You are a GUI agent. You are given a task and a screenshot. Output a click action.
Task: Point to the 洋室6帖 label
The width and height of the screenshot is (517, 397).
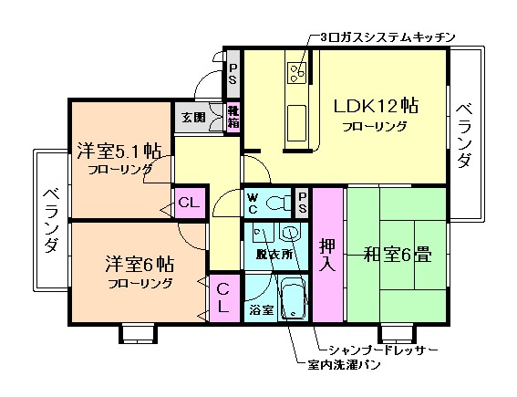(x=138, y=265)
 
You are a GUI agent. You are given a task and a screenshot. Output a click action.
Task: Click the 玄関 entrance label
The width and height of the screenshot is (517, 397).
(x=192, y=118)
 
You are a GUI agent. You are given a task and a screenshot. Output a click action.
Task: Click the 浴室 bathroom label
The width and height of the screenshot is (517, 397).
(x=261, y=310)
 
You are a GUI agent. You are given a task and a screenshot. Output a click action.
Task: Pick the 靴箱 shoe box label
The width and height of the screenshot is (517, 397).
(x=233, y=117)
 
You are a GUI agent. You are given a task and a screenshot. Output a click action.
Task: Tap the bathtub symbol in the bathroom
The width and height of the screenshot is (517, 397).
(x=294, y=299)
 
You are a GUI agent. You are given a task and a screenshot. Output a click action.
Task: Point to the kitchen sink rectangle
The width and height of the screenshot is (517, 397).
(x=296, y=118)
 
